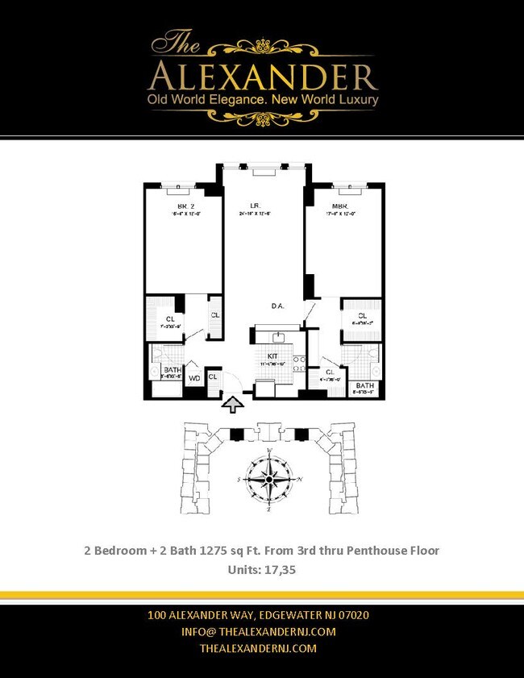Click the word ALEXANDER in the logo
click(x=263, y=77)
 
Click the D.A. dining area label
click(x=277, y=306)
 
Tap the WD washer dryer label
click(x=194, y=377)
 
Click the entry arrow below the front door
click(x=233, y=405)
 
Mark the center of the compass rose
click(x=268, y=481)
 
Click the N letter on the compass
click(x=301, y=480)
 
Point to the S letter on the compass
click(x=239, y=480)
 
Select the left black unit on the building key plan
click(x=236, y=435)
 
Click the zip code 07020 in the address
click(x=351, y=615)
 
